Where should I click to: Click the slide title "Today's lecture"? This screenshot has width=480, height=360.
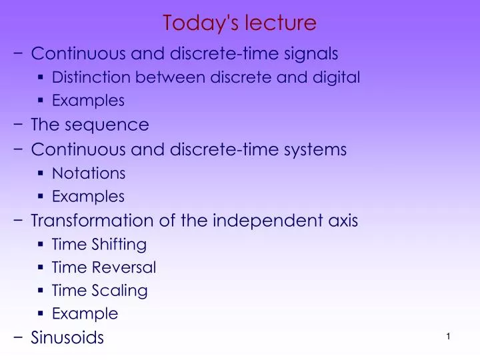click(x=239, y=23)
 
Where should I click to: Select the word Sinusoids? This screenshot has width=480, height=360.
click(x=67, y=337)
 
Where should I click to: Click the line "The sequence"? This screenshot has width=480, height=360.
click(x=90, y=125)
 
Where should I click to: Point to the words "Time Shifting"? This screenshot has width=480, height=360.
click(x=99, y=245)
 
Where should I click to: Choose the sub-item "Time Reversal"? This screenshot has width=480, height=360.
click(x=104, y=268)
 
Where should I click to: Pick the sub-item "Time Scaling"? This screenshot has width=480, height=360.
click(x=100, y=291)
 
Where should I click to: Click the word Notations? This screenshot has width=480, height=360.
click(x=89, y=173)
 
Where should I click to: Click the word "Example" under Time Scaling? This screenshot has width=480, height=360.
click(x=85, y=313)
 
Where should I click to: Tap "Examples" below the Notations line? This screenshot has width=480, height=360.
click(x=88, y=197)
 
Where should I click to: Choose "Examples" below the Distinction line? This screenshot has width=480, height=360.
click(x=88, y=101)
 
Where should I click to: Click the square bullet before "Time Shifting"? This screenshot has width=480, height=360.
click(x=41, y=245)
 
